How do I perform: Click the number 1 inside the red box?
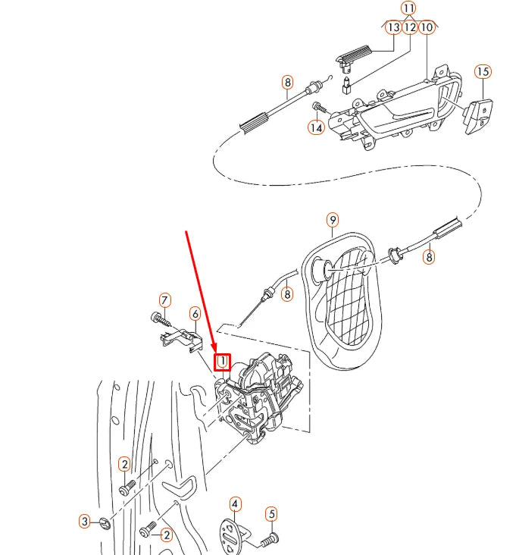223,362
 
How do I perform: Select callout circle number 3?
86,521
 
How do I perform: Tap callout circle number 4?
236,503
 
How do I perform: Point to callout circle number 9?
333,220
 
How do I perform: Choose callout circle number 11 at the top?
409,8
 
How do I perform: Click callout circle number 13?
392,27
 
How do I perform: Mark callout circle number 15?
483,72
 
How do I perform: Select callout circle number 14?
316,127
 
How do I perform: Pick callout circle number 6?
195,313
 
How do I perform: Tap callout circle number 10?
427,27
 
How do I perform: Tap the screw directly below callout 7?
158,317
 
